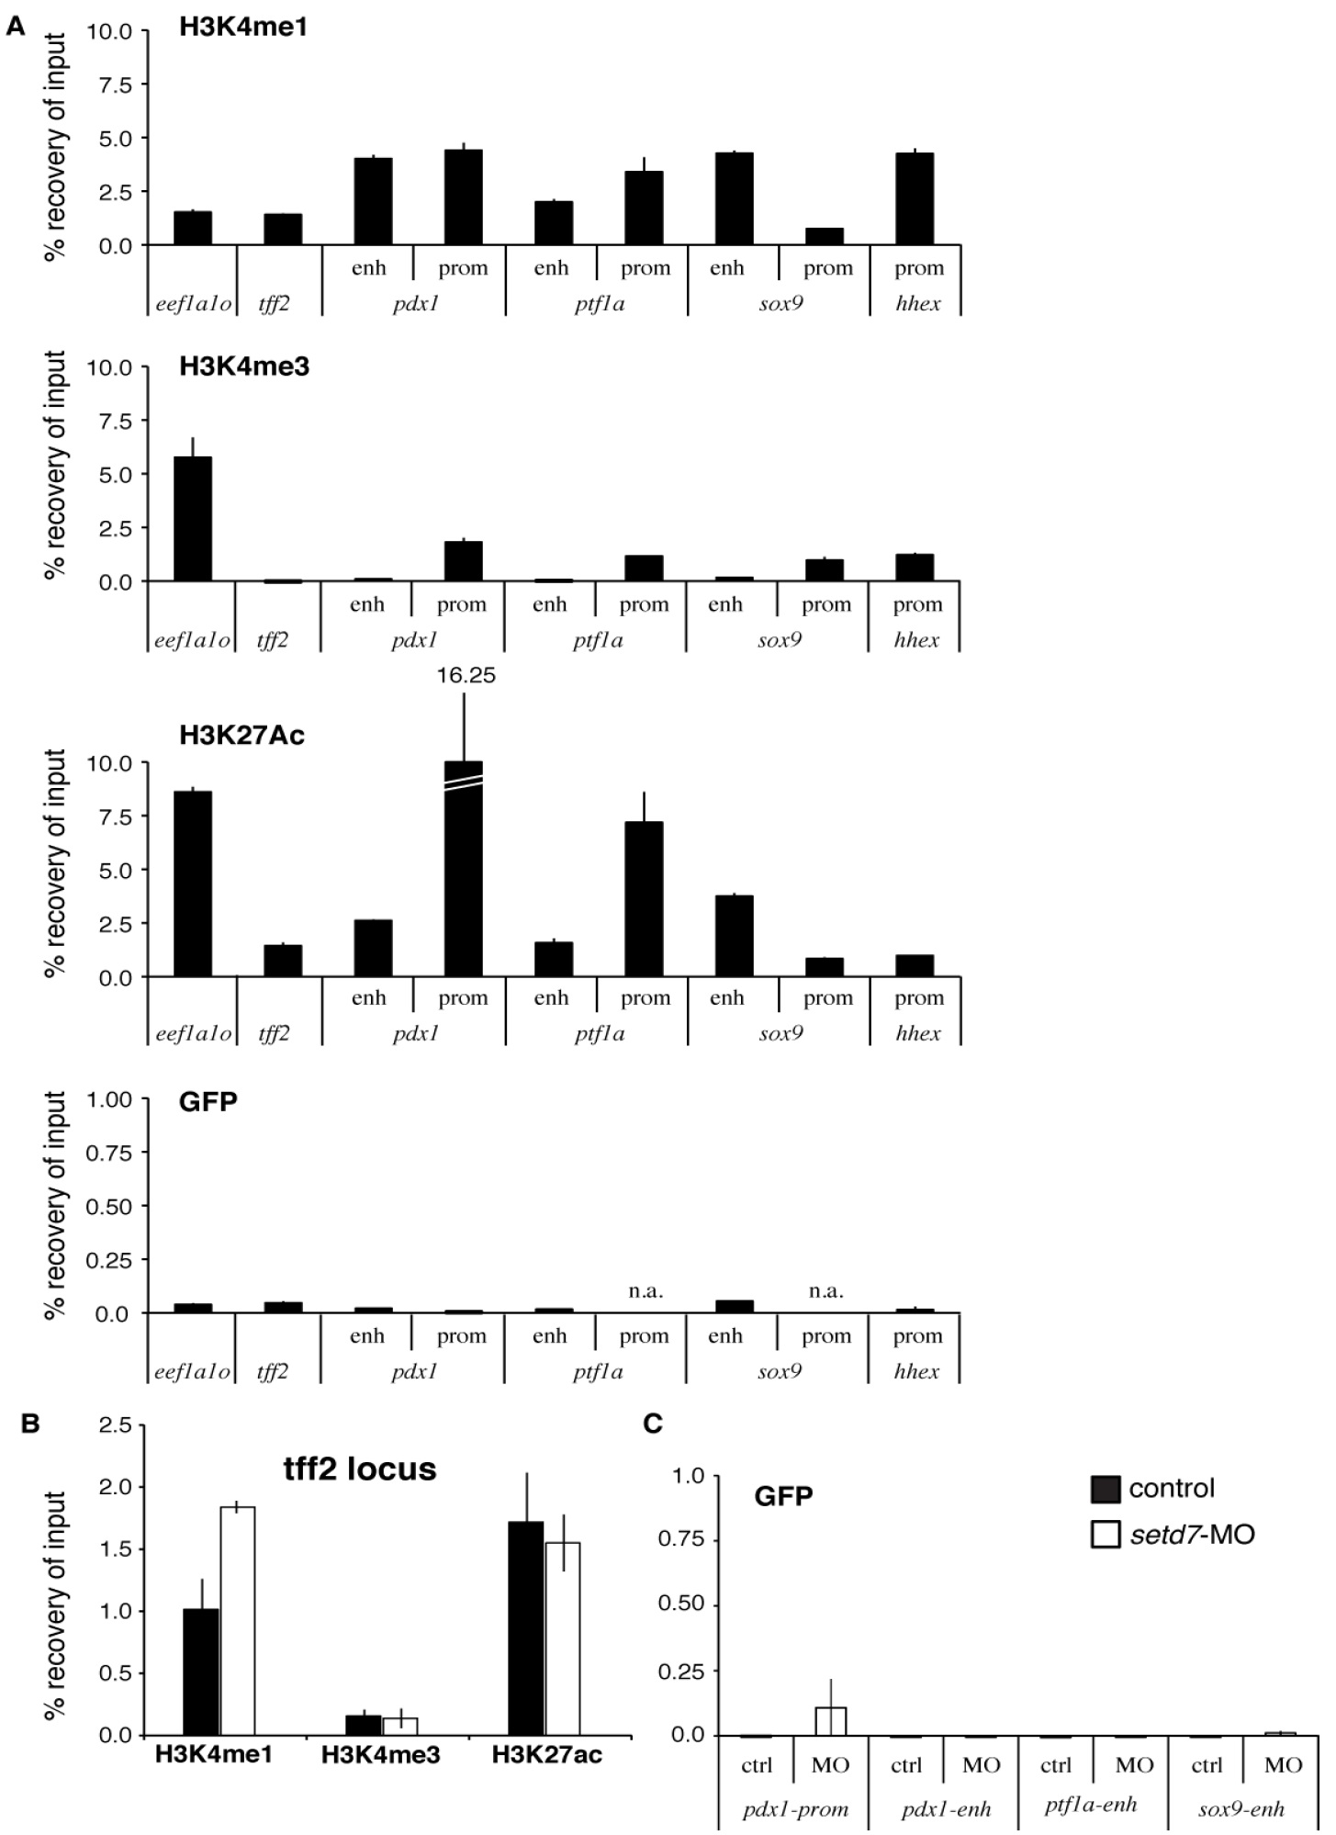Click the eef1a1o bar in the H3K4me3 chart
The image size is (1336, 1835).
click(x=192, y=519)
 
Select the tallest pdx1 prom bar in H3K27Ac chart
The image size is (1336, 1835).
click(x=463, y=868)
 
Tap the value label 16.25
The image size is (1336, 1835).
click(x=466, y=676)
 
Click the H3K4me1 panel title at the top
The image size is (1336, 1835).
click(x=242, y=28)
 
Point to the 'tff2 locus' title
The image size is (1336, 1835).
click(x=360, y=1469)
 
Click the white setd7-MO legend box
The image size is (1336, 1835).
click(x=1106, y=1534)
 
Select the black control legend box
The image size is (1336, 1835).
click(x=1106, y=1489)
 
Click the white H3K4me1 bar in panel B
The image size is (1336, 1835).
click(x=237, y=1620)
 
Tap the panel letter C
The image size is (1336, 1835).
click(x=653, y=1424)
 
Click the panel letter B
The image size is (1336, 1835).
click(x=30, y=1424)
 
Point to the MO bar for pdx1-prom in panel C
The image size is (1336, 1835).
click(x=830, y=1721)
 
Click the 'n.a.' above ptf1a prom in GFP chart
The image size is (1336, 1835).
click(x=646, y=1291)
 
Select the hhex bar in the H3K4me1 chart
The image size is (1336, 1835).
click(x=915, y=198)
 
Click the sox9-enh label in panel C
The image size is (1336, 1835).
click(x=1241, y=1809)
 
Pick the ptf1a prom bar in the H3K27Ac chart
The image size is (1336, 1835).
click(x=644, y=898)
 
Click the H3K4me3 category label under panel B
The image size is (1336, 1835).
click(x=380, y=1755)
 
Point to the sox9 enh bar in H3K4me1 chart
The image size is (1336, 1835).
click(x=734, y=198)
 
